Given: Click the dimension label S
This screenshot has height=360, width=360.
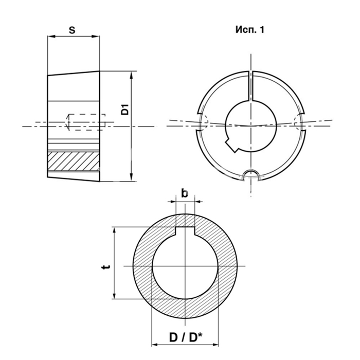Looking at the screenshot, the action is tap(72, 30).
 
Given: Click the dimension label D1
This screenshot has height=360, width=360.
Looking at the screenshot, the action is tap(125, 110).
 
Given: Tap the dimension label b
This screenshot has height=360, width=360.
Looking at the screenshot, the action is tap(185, 193).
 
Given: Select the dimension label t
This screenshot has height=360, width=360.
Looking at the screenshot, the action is tap(106, 267).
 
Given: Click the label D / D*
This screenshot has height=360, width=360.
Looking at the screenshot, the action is tap(186, 337).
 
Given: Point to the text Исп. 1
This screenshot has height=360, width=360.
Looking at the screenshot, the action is tap(250, 30).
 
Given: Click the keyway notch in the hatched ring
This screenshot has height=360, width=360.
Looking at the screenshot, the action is tap(185, 231).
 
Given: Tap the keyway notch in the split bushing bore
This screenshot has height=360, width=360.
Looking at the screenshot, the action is tap(232, 145).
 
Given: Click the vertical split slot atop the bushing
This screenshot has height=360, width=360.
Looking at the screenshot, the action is tap(251, 86).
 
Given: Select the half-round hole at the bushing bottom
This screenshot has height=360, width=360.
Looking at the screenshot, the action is tap(251, 176).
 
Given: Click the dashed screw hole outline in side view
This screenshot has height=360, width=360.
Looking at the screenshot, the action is tap(85, 122).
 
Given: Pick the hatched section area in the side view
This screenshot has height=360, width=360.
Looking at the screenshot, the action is tap(73, 161).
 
